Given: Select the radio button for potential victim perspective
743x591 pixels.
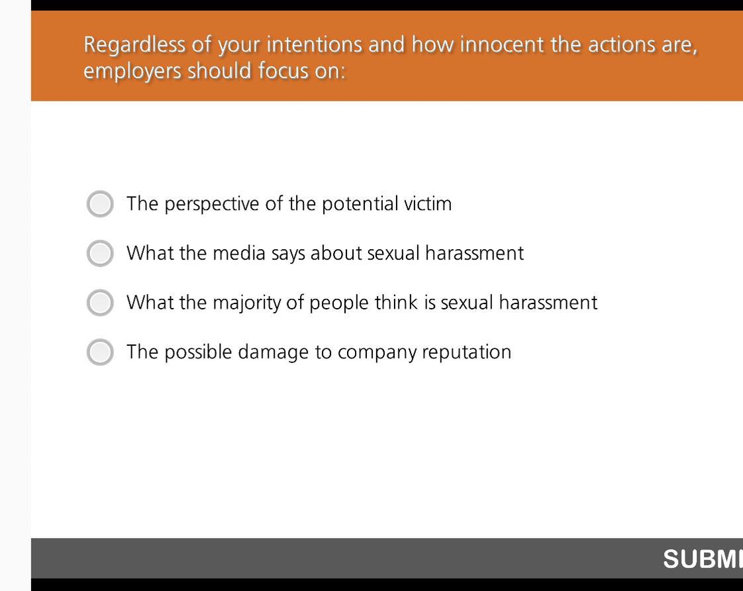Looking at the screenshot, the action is [100, 204].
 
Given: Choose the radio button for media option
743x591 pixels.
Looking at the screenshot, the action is [100, 253].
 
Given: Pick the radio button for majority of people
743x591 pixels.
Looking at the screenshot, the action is [100, 302].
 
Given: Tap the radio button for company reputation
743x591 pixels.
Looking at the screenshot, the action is [100, 352].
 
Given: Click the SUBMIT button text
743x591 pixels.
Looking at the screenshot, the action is [703, 559].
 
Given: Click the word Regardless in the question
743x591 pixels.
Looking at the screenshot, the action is [134, 46].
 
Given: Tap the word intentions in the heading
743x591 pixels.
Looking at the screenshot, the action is [314, 44].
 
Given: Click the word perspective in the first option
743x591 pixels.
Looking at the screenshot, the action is [212, 205].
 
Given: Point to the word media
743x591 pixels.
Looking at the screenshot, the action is [239, 253].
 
